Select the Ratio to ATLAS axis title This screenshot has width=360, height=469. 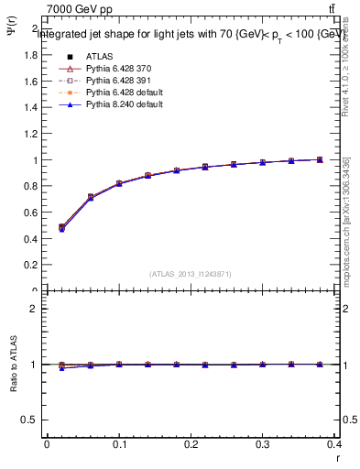click(x=14, y=366)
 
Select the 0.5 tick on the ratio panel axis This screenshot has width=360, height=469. click(x=30, y=420)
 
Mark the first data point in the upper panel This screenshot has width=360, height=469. click(x=61, y=227)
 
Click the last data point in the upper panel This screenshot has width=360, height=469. click(x=320, y=159)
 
